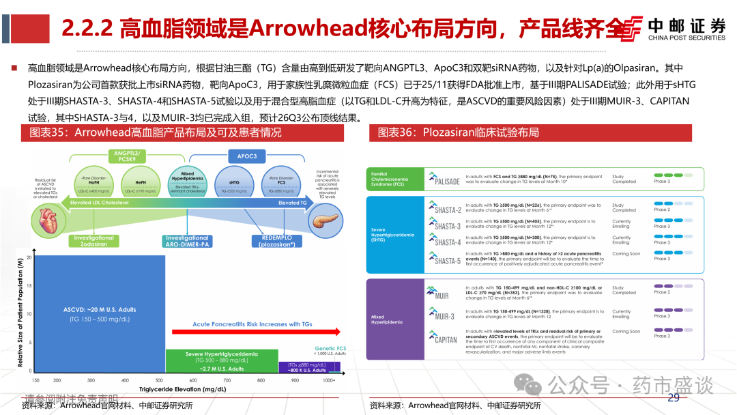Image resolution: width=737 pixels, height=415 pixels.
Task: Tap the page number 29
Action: [674, 399]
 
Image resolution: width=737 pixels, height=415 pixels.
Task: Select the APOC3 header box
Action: [247, 156]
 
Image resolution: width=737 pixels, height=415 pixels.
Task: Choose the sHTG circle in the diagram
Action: [234, 182]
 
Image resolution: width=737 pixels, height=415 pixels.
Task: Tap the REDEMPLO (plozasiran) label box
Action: [277, 242]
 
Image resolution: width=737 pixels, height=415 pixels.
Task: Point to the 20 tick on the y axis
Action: [29, 257]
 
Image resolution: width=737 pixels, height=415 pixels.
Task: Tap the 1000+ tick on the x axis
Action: [329, 380]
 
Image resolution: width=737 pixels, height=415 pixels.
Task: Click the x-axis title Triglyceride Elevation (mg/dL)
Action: [183, 389]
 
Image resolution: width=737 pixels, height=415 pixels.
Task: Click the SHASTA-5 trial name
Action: [447, 259]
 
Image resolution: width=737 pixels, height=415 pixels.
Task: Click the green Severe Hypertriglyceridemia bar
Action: [222, 360]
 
